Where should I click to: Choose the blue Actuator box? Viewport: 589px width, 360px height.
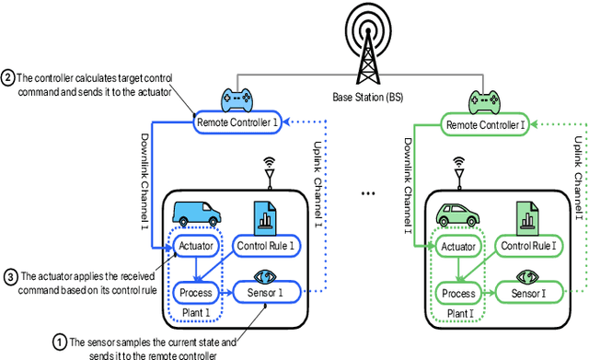(x=194, y=246)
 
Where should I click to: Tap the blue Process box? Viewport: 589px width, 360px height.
(x=194, y=293)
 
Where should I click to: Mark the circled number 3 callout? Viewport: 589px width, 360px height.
(x=10, y=276)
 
